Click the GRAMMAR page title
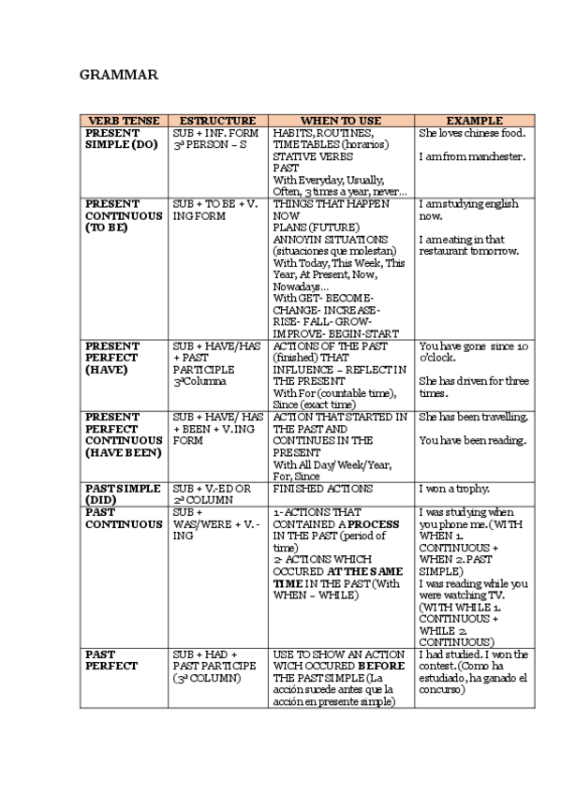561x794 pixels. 118,74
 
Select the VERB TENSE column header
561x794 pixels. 123,122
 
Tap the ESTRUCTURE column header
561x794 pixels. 217,122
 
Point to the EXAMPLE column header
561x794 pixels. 474,122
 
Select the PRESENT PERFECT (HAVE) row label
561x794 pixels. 112,358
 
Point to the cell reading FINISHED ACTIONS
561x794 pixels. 322,489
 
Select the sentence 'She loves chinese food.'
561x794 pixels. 472,134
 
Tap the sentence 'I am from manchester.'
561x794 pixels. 471,156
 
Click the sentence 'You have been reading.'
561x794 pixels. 472,439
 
